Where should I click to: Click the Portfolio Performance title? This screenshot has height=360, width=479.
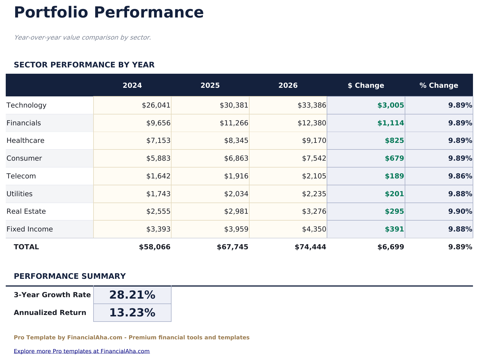109,13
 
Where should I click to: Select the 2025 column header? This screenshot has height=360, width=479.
210,85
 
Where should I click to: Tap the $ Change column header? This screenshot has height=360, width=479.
366,85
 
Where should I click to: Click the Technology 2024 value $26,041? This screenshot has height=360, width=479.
156,105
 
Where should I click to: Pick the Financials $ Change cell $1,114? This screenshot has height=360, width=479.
391,123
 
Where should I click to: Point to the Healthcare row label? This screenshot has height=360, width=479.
26,141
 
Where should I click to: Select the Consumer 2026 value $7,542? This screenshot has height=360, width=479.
314,158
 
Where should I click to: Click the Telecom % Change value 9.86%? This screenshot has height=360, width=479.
460,176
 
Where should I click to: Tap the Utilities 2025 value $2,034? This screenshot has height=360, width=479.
236,194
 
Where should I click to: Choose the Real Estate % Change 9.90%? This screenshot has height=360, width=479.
460,211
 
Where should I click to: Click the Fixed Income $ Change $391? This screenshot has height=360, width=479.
394,229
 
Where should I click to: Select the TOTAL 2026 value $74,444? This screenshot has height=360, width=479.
310,247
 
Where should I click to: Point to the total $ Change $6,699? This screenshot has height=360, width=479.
391,247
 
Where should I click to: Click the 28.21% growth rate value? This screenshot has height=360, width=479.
132,295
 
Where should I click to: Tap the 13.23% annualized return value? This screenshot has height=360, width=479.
132,313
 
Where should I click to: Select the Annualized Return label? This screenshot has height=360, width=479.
50,313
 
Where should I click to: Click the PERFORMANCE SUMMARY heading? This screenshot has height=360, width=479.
70,276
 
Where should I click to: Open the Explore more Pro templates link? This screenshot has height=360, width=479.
82,351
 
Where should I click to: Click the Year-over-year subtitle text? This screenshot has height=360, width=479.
83,38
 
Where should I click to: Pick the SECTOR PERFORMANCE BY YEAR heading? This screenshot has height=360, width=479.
84,65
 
